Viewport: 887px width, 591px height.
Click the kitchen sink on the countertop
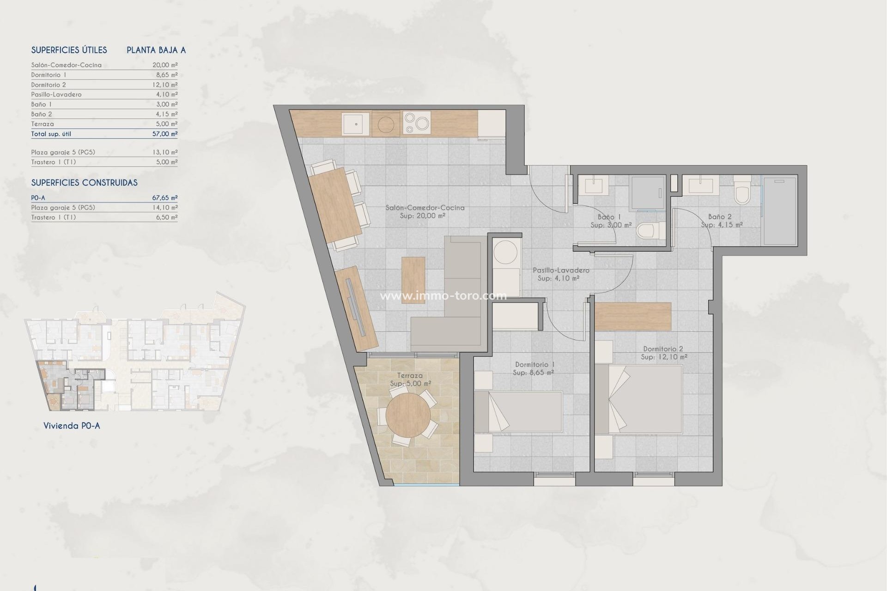coord(356,124)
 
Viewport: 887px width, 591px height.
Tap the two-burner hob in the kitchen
coord(416,124)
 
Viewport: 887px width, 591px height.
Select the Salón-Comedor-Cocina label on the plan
coord(425,208)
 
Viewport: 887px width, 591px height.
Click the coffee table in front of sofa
coord(413,279)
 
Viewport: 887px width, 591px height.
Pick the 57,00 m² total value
coord(165,134)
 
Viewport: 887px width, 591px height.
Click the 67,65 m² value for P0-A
coord(165,198)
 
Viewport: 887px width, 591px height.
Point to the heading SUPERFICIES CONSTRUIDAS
coord(84,183)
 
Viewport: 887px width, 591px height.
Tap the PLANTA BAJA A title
coord(156,50)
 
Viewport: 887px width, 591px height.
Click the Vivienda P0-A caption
coord(72,426)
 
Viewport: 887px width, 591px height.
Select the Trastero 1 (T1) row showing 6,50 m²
coord(104,217)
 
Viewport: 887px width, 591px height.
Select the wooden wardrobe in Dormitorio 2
coord(632,316)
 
